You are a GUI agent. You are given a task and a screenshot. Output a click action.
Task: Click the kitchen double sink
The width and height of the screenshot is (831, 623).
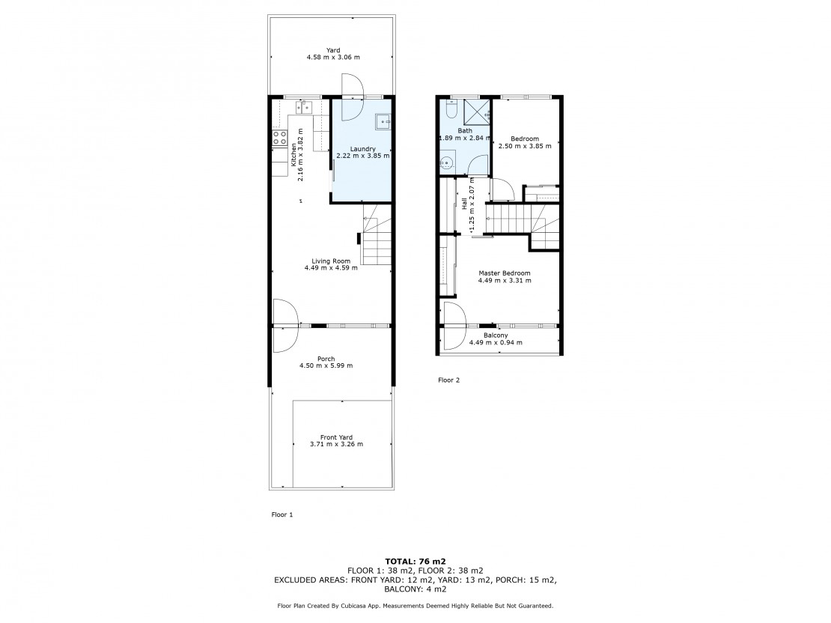(304, 107)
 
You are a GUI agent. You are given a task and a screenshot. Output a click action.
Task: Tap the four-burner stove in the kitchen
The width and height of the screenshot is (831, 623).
(280, 139)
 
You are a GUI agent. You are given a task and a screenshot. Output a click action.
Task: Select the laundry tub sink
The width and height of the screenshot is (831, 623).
(384, 121)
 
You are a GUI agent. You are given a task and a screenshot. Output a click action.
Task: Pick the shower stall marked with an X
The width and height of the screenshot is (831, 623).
(476, 110)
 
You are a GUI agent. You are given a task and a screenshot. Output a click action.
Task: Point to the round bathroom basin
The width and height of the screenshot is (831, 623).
(447, 162)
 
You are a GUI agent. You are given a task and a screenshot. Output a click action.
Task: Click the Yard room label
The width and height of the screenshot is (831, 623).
(333, 50)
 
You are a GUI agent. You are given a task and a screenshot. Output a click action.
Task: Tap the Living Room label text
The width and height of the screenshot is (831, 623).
(331, 261)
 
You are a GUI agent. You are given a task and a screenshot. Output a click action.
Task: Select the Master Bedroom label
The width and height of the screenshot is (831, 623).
(505, 273)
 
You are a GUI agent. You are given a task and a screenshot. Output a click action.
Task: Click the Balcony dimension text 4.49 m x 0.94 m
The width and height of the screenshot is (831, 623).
(496, 342)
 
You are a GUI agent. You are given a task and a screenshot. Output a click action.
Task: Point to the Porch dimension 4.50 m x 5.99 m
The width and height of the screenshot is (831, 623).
(326, 365)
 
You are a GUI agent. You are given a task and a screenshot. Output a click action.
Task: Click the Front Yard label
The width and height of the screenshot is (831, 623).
(336, 437)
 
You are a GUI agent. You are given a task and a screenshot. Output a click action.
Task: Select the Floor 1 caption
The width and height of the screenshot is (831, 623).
(282, 514)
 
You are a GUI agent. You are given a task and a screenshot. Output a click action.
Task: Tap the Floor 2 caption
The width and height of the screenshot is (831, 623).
(449, 380)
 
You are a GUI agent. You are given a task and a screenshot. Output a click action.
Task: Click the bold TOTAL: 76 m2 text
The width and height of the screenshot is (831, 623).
(415, 561)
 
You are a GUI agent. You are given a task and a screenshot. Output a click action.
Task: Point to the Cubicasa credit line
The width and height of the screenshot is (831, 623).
(415, 606)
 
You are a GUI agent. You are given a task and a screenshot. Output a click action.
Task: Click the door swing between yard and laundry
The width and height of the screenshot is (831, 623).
(352, 97)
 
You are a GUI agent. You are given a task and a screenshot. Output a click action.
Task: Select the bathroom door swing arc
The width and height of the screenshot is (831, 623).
(478, 164)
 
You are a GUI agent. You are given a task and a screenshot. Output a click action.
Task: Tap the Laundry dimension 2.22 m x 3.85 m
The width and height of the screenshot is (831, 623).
(363, 156)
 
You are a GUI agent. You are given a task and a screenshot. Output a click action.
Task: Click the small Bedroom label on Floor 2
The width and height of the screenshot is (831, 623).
(525, 139)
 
